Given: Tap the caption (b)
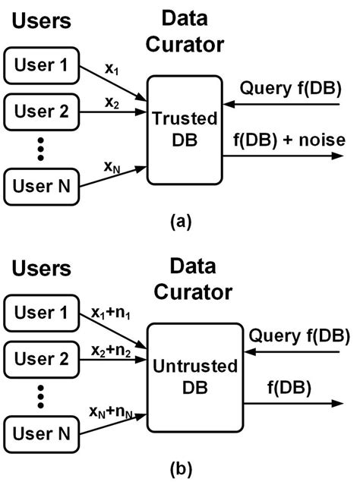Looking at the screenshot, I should point(181,471).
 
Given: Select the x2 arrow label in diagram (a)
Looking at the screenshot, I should point(112,101).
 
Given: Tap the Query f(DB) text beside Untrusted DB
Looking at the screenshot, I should point(298,335).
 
